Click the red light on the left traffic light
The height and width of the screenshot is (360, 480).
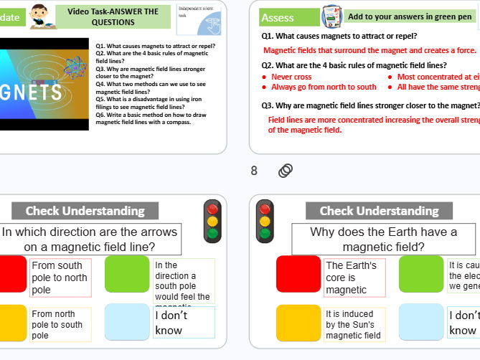(212, 209)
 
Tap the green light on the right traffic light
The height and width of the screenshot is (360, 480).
(265, 233)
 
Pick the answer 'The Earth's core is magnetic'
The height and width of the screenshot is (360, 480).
(354, 278)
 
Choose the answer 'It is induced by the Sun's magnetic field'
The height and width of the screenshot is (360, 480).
(354, 324)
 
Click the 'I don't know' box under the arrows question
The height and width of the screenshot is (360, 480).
(183, 323)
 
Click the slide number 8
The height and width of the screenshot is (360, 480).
(254, 171)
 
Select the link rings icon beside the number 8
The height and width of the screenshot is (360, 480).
(285, 171)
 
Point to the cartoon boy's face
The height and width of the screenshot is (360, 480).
(39, 12)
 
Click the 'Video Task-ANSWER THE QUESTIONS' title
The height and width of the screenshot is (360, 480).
(113, 16)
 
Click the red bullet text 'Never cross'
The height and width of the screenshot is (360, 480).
(291, 77)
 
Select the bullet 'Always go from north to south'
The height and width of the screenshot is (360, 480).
(323, 87)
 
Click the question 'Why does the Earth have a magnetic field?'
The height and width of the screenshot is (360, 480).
(383, 239)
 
